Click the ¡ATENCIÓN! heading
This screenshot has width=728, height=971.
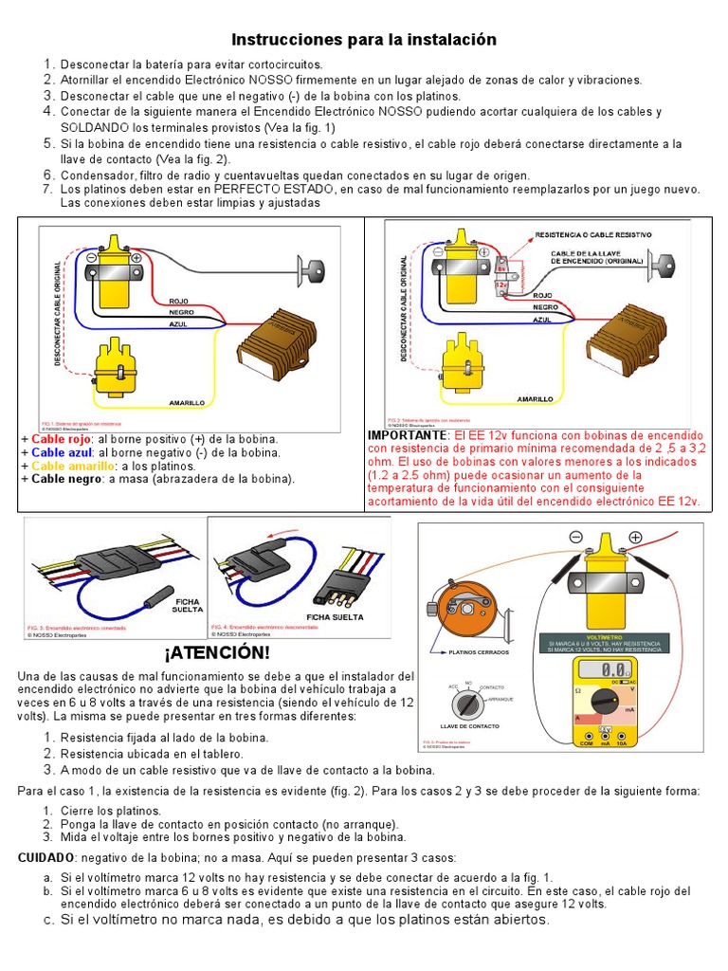coord(217,653)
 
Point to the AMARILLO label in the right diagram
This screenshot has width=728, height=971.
coord(536,400)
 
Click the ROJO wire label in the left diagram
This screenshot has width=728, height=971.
coord(180,300)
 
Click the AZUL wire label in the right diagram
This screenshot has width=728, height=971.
coord(542,321)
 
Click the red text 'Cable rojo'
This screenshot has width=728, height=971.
coord(62,439)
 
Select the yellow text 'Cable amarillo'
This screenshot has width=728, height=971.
coord(70,466)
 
